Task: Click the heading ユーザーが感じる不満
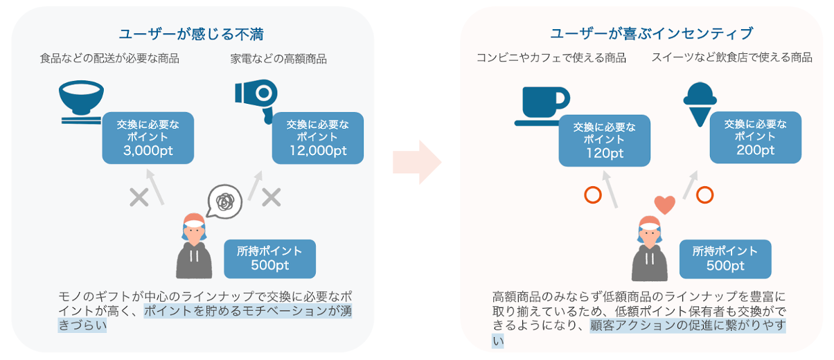point(191,34)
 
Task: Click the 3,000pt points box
point(148,138)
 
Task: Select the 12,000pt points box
point(318,138)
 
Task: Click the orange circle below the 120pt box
point(593,195)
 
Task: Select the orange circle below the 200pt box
point(704,195)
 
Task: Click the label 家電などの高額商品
point(278,60)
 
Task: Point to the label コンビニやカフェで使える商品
point(551,58)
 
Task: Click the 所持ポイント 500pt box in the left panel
point(269,258)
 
